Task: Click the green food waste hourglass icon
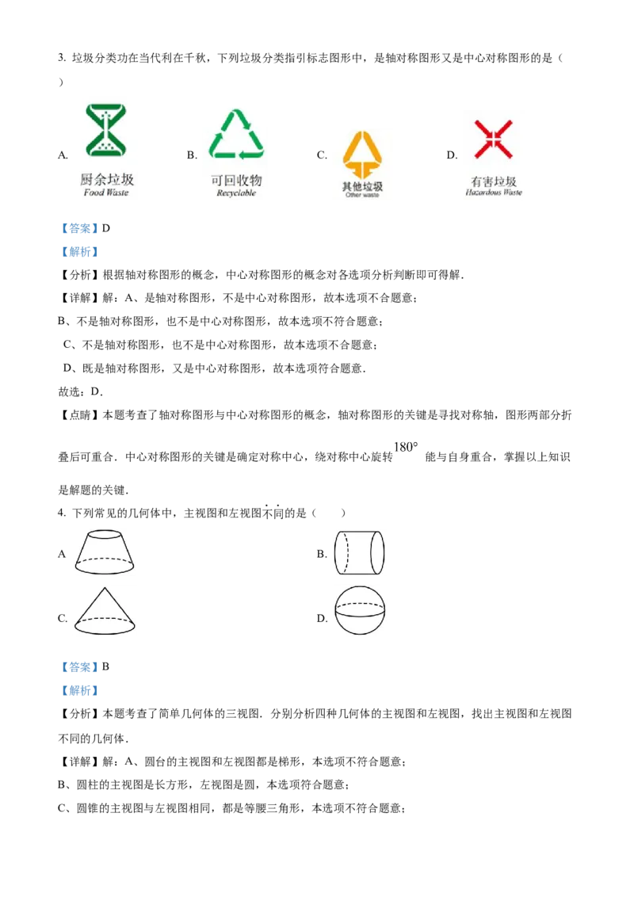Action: pos(106,130)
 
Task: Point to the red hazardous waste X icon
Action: pos(493,139)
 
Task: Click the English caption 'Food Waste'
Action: pos(106,193)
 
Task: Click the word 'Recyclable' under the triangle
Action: pos(236,193)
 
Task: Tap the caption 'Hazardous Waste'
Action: pos(494,193)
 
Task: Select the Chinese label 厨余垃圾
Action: pos(107,180)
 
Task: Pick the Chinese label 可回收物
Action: pos(236,180)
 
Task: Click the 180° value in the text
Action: pos(406,447)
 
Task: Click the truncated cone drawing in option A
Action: pos(105,552)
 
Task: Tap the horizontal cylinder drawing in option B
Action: pos(359,552)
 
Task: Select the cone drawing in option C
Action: pos(105,610)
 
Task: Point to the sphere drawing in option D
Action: pos(359,610)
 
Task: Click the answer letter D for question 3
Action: pos(106,228)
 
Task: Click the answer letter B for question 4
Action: pos(105,666)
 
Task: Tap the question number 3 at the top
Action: pos(61,58)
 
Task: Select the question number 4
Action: pos(61,513)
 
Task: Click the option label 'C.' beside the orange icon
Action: pos(322,155)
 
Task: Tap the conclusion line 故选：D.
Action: pos(81,392)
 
